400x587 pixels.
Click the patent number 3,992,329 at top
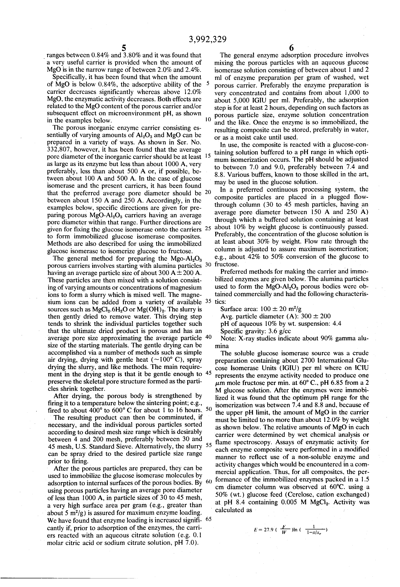click(208, 39)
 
